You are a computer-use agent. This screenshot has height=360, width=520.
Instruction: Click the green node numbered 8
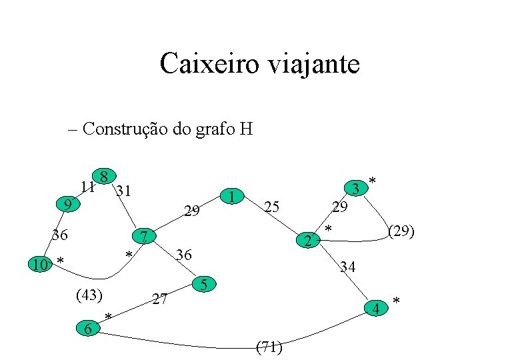(x=104, y=177)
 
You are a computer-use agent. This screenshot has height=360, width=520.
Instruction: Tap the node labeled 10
(x=41, y=265)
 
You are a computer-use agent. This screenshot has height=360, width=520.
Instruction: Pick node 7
(x=143, y=236)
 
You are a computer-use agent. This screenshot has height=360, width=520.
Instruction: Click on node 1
(x=231, y=197)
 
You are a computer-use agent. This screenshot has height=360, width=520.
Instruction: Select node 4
(x=377, y=309)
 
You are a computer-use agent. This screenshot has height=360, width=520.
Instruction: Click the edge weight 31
(x=123, y=191)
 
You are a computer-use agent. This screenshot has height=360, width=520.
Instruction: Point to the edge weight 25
(x=271, y=207)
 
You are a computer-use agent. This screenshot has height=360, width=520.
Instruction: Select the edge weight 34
(x=347, y=268)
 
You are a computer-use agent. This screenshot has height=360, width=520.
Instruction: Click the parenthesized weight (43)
(x=89, y=294)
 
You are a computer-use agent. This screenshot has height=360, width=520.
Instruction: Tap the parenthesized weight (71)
(x=269, y=347)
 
